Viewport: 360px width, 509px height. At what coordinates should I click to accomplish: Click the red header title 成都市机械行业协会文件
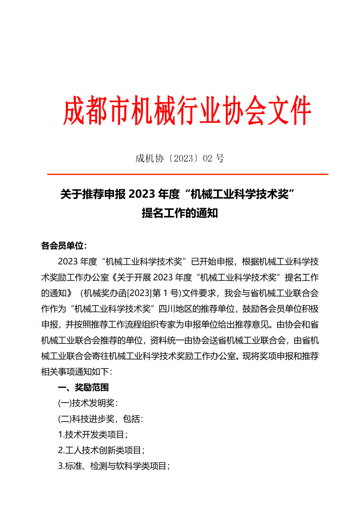click(187, 111)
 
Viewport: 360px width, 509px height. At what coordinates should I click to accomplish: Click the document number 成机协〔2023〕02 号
click(180, 158)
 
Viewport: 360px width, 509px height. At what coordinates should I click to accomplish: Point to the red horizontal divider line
click(187, 174)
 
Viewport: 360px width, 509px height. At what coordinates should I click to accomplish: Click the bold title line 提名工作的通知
click(180, 213)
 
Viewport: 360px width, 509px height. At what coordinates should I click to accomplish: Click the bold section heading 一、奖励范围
click(83, 387)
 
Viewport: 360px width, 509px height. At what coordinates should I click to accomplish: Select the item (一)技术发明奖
click(87, 403)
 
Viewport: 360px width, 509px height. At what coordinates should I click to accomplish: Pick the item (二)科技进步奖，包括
click(100, 419)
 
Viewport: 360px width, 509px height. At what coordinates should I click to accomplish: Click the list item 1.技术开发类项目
click(93, 435)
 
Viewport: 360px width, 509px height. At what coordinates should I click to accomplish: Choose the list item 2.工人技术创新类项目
click(101, 450)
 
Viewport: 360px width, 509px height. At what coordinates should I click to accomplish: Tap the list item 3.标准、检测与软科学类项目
click(114, 466)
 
